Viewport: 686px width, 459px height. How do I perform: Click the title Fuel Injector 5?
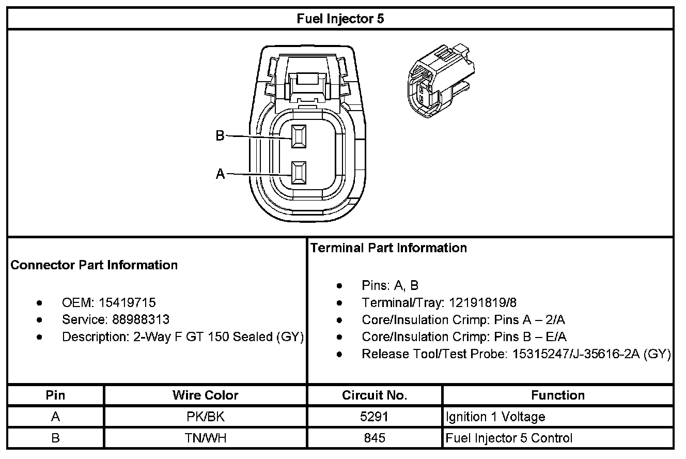[x=340, y=19]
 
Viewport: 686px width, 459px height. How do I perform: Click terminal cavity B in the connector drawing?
[x=298, y=136]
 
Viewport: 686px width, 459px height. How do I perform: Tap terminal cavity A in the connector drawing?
[x=298, y=173]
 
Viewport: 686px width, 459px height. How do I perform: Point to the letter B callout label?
[x=220, y=136]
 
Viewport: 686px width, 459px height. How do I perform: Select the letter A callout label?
[x=220, y=174]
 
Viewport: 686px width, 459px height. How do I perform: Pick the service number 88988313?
[x=141, y=319]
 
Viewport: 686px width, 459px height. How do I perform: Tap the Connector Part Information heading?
[x=94, y=265]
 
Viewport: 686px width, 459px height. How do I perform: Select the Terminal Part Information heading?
[x=388, y=248]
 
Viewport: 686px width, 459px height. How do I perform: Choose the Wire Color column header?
[x=205, y=395]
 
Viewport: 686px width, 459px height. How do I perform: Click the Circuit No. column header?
[x=375, y=395]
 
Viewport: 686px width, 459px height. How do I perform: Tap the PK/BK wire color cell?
[x=205, y=417]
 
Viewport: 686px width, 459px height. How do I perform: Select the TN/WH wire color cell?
[x=205, y=438]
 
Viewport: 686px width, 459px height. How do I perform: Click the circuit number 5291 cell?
[x=375, y=417]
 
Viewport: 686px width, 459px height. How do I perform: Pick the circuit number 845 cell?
[x=375, y=438]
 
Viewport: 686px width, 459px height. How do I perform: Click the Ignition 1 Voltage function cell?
[x=495, y=417]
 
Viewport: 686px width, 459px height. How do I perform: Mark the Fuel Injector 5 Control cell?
[x=509, y=438]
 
